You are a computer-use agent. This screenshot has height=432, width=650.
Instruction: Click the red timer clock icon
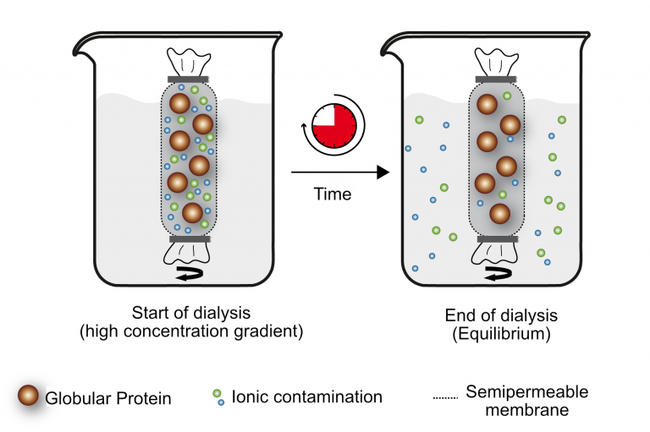[331, 128]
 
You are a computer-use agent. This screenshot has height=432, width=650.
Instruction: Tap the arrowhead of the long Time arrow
[383, 172]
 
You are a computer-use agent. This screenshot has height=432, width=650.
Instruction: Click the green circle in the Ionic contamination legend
[218, 392]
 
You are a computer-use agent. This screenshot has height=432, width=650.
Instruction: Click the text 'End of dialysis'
[499, 315]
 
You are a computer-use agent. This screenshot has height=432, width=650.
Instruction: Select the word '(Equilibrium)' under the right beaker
[500, 334]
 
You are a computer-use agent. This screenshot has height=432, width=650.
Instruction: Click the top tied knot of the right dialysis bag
[494, 61]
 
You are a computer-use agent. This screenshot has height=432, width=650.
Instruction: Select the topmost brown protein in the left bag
[179, 104]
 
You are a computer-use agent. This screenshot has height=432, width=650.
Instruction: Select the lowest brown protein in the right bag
[497, 215]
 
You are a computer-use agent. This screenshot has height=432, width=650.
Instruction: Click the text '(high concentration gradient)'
[190, 332]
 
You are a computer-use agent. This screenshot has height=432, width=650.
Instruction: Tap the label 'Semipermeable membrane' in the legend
[525, 401]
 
